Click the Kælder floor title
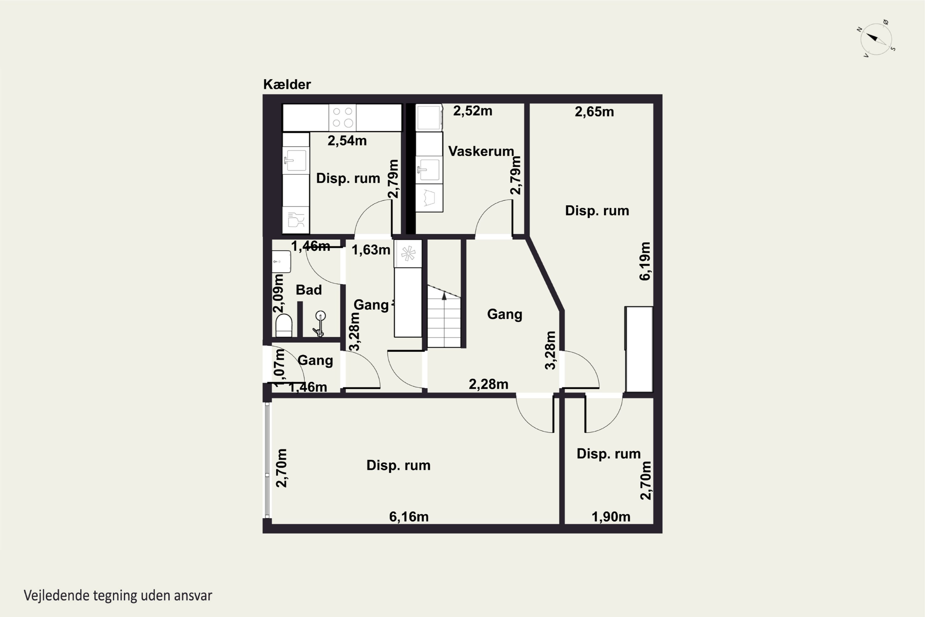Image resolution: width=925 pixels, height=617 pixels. [x=287, y=84]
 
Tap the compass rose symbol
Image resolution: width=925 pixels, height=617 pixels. [x=877, y=39]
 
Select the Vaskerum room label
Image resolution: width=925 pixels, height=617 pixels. [x=481, y=151]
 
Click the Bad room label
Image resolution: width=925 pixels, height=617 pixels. [x=309, y=290]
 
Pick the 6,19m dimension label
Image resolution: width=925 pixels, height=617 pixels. [x=645, y=261]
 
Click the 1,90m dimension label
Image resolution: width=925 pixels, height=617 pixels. [x=611, y=517]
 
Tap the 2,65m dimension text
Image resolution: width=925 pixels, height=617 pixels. [x=594, y=112]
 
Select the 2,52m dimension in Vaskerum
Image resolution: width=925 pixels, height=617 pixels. [x=472, y=111]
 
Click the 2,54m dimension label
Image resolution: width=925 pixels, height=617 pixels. [x=347, y=140]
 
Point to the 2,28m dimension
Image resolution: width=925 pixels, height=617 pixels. [x=488, y=384]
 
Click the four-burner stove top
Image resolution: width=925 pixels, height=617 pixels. [x=343, y=117]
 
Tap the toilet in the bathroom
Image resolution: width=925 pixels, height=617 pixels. [x=284, y=325]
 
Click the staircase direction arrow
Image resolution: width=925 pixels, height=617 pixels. [x=444, y=296]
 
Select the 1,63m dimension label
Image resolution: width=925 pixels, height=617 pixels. [x=371, y=250]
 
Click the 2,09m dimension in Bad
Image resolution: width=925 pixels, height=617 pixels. [x=278, y=294]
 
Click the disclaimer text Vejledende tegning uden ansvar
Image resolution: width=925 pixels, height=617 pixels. [x=118, y=595]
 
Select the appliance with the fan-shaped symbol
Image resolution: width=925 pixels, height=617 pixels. [x=408, y=254]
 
